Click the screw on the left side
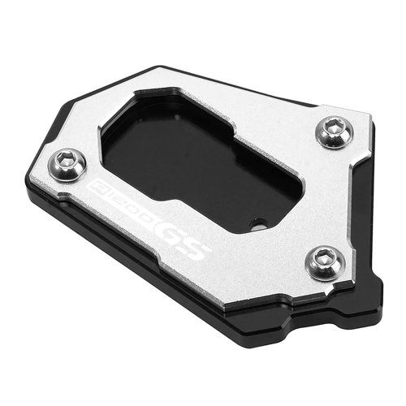(x=67, y=165)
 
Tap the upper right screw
(x=335, y=132)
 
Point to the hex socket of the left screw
(x=64, y=161)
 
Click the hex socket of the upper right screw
(x=331, y=127)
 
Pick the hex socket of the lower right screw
(x=322, y=258)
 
